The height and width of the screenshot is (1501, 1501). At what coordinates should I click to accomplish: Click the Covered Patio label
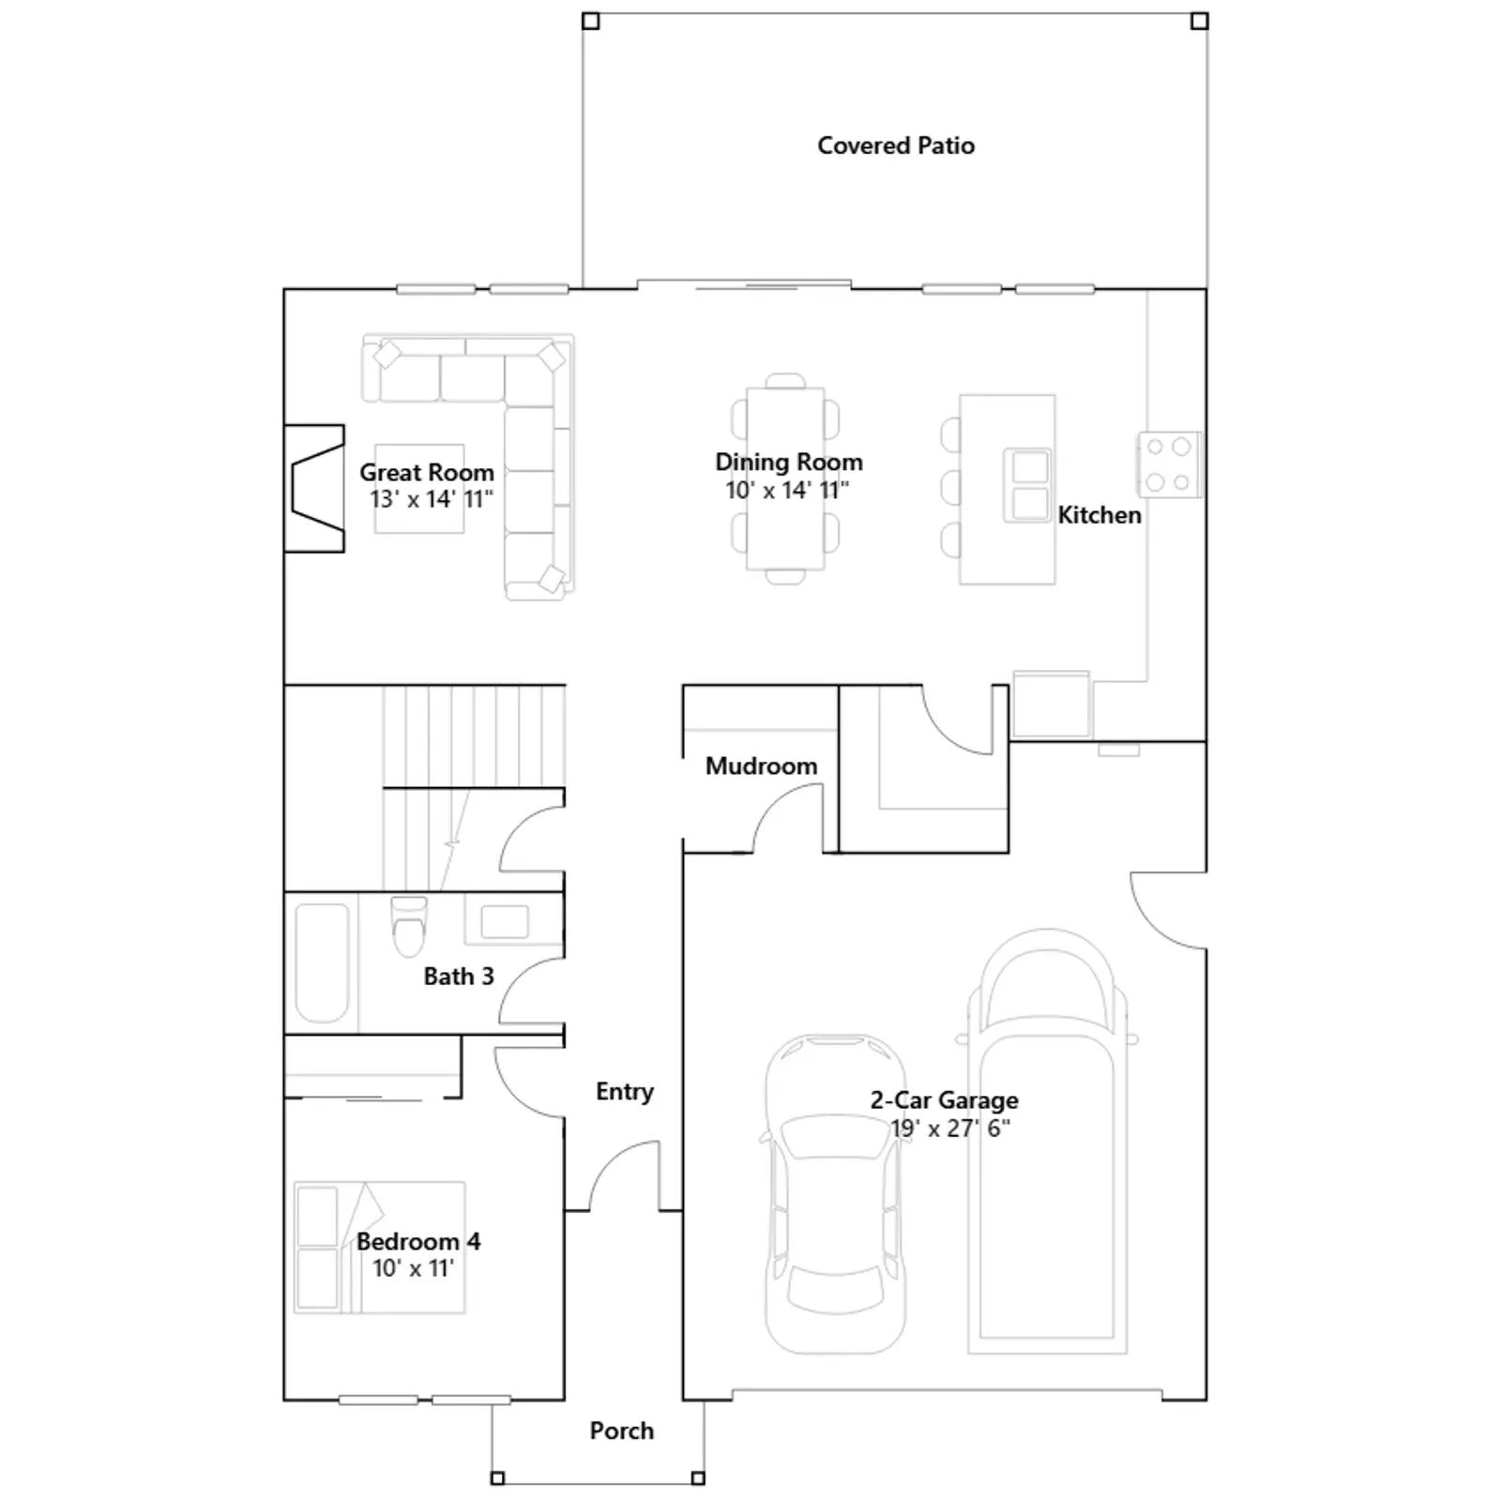(896, 145)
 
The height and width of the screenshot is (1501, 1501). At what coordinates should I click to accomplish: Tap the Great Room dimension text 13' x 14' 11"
(432, 499)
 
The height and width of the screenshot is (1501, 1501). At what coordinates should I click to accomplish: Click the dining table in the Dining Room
(785, 478)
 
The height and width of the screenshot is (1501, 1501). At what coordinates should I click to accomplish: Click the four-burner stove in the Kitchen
(1169, 464)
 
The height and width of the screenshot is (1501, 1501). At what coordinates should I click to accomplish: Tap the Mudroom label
(761, 766)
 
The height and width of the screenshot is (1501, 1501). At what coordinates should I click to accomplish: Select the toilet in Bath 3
(408, 926)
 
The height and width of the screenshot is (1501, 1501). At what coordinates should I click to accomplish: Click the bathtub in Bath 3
(322, 963)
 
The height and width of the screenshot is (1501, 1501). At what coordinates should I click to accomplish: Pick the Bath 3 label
(459, 977)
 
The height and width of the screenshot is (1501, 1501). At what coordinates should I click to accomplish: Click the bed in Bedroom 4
(380, 1248)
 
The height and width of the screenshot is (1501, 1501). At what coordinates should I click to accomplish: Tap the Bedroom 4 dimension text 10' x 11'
(413, 1268)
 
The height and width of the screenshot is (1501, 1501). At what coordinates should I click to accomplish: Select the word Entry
(625, 1092)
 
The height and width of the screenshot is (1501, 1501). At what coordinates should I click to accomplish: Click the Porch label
(622, 1431)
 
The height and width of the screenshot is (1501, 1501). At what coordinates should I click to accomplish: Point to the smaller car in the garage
(835, 1193)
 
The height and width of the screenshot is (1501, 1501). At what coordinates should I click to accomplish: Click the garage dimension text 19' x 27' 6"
(950, 1129)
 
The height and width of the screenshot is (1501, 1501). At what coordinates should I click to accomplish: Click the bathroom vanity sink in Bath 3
(505, 921)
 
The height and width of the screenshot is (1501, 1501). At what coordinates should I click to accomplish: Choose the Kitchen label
(1099, 515)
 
